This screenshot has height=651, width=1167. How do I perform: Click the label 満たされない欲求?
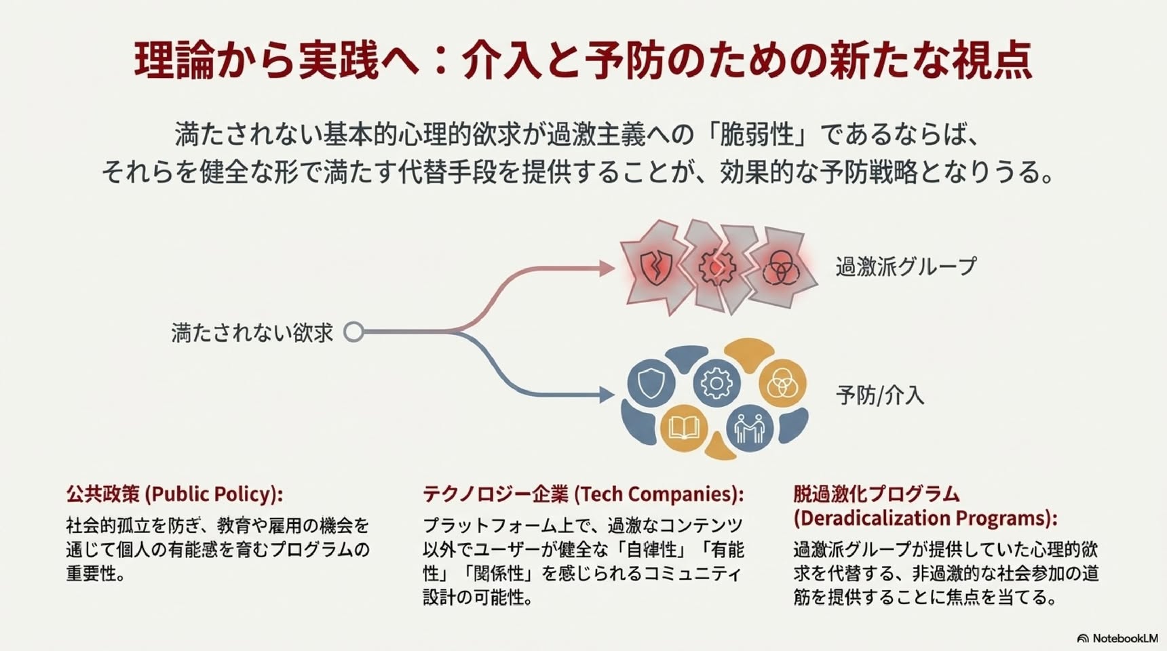[252, 332]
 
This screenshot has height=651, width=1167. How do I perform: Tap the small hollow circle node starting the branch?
[353, 332]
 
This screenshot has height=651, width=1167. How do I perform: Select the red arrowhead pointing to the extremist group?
[607, 269]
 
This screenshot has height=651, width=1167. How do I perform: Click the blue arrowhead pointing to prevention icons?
[607, 395]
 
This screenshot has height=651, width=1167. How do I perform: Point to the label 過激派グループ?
[906, 267]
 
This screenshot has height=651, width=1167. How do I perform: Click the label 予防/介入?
[880, 395]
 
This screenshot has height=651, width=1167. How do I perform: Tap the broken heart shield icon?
[656, 267]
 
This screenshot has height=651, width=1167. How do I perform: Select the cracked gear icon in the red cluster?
[716, 267]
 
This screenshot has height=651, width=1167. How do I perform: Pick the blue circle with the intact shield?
[651, 383]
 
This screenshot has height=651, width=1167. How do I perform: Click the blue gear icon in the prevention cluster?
[716, 383]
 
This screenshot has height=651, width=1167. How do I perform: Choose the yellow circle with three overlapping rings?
[782, 384]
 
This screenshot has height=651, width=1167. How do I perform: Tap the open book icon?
[684, 428]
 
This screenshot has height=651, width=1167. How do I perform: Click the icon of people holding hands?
[750, 428]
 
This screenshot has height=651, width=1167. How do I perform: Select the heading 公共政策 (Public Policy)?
[174, 494]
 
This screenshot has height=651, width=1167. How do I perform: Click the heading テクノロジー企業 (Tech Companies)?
[583, 494]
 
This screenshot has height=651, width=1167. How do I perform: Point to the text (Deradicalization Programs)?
[925, 518]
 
